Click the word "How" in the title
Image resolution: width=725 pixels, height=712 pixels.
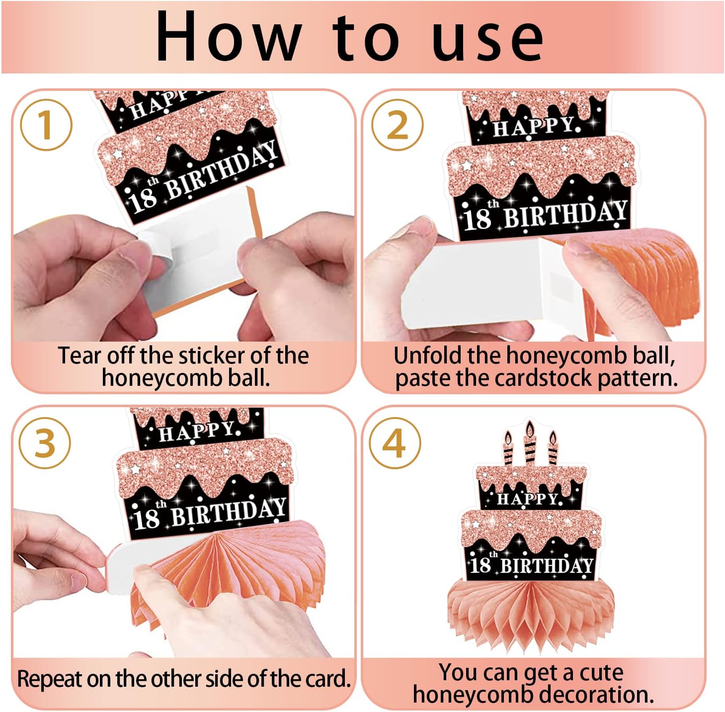point(229,36)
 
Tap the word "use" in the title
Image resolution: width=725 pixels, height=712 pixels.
point(488,41)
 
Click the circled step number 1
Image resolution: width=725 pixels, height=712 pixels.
point(46,125)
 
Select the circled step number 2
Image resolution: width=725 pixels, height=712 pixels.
point(398,125)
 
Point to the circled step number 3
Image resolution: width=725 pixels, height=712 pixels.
point(45,443)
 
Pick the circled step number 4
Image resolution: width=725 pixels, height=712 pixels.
point(395,443)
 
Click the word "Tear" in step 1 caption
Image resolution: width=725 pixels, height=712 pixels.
point(80,355)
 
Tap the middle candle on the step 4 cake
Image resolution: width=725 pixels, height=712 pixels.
point(530,443)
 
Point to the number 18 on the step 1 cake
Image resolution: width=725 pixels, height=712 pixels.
point(144,200)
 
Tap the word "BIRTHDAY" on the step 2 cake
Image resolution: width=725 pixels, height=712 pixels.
point(565,214)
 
